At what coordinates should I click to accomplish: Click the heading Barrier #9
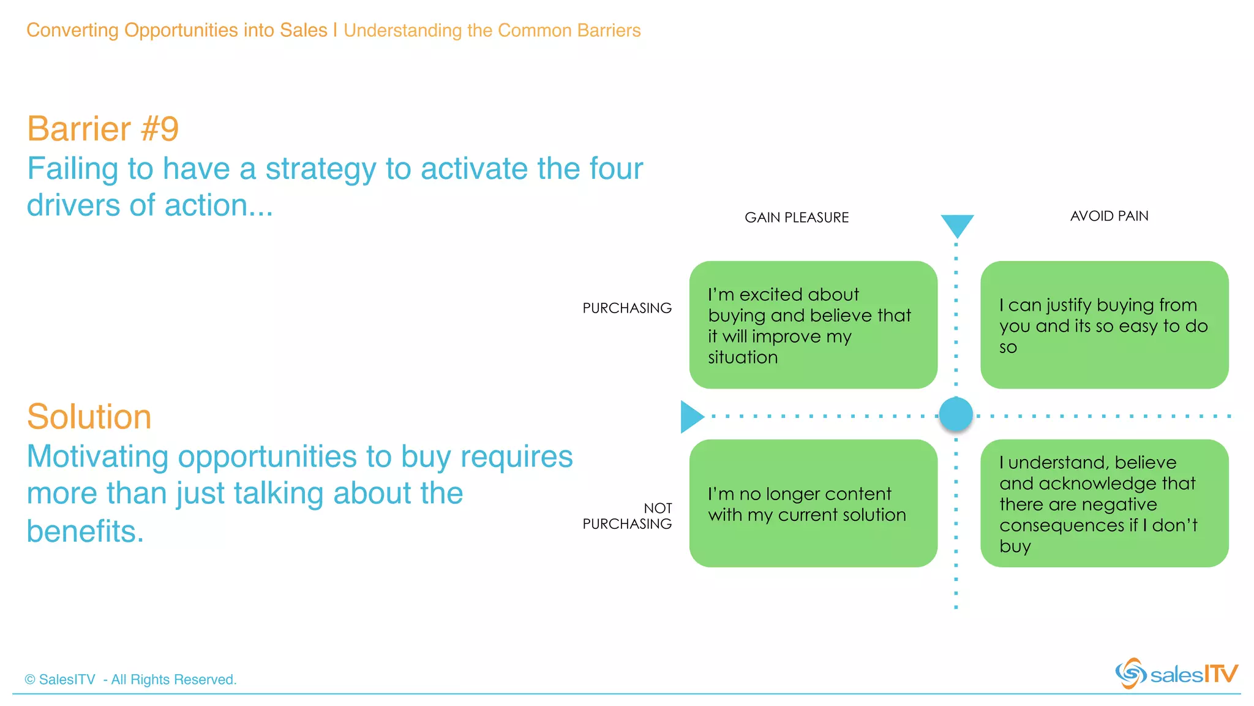(x=103, y=129)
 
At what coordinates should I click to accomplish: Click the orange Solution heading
(x=89, y=417)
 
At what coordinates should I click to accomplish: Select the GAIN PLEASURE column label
(x=796, y=218)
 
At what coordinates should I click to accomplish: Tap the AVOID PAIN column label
(x=1109, y=216)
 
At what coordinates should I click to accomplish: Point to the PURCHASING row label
(x=626, y=308)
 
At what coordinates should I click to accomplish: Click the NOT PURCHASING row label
(x=628, y=516)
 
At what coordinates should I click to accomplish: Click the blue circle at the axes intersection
(x=956, y=414)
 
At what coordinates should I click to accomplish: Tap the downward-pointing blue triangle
(x=957, y=225)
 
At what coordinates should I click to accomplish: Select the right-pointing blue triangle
(x=691, y=417)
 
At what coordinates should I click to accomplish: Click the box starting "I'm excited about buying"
(x=813, y=325)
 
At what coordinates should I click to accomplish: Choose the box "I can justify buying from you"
(x=1104, y=325)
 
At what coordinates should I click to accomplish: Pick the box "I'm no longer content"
(x=813, y=503)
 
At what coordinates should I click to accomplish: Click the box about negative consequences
(x=1104, y=503)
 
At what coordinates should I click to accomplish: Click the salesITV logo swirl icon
(x=1130, y=674)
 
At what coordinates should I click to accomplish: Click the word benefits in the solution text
(x=85, y=531)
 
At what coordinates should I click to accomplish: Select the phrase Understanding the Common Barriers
(x=492, y=31)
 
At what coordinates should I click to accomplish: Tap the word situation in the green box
(x=743, y=357)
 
